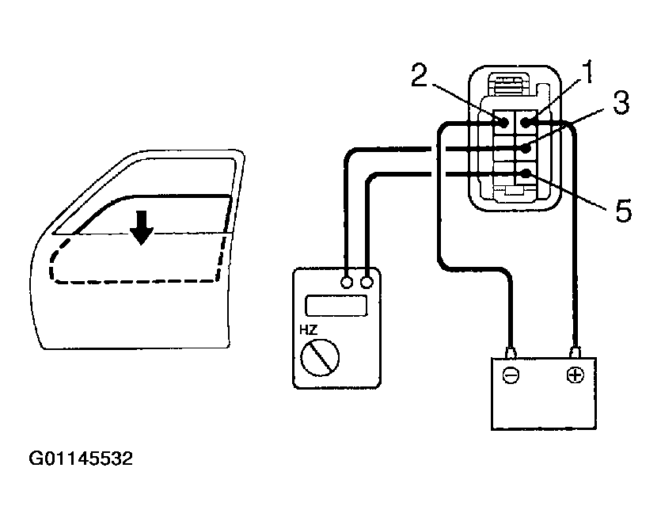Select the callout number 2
coord(420,77)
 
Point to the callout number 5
coord(623,211)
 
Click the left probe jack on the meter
coord(347,282)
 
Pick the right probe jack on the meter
coord(367,282)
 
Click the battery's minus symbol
coord(511,375)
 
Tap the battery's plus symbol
coord(575,375)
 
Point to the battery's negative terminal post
coord(511,350)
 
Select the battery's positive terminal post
coord(575,350)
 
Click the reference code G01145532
coord(82,458)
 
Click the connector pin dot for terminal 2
coord(503,123)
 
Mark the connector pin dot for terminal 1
coord(525,123)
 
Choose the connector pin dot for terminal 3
coord(525,148)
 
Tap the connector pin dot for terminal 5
coord(525,173)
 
